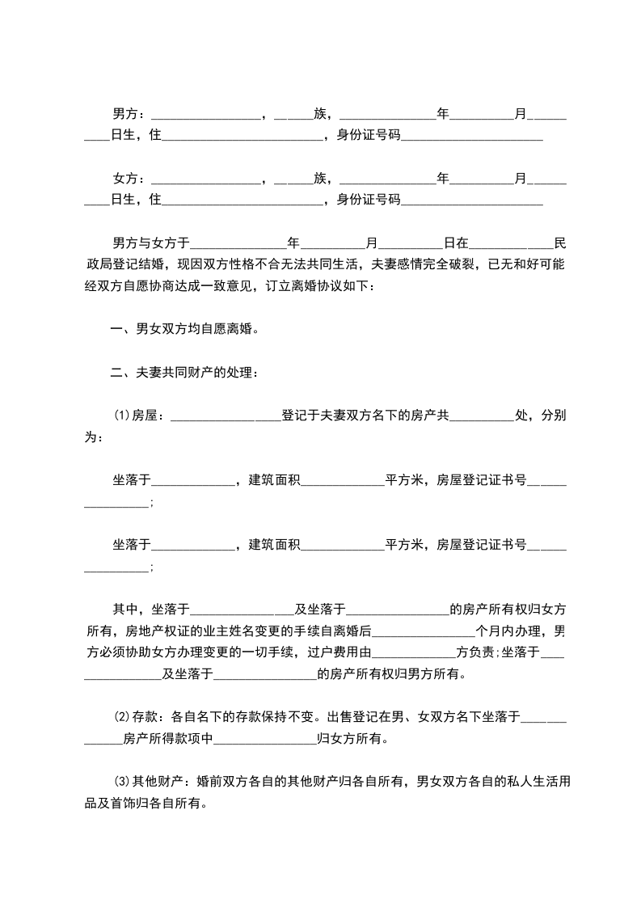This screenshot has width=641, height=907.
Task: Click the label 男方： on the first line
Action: tap(129, 113)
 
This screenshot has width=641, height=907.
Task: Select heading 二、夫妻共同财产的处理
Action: tap(185, 373)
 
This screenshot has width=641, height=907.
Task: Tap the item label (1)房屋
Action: tap(138, 416)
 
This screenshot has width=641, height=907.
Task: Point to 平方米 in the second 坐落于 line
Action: tap(406, 545)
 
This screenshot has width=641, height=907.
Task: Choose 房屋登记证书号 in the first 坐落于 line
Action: tap(483, 480)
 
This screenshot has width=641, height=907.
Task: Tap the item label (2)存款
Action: tap(138, 716)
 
